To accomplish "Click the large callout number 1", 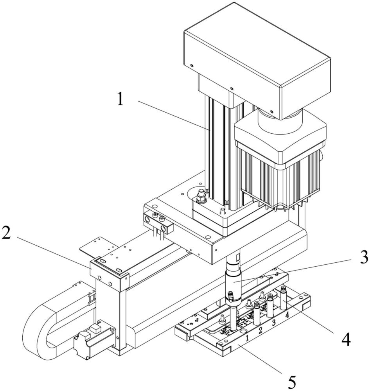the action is [120, 99].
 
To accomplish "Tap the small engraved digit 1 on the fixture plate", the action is [247, 338].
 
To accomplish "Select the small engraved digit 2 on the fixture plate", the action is [260, 330].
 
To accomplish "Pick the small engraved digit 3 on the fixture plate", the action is [274, 323].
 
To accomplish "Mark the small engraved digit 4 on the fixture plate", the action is [287, 315].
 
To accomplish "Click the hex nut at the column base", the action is [201, 196].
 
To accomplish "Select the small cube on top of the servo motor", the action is [95, 328].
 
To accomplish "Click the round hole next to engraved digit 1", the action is [242, 331].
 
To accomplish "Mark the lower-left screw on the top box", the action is [192, 66].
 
